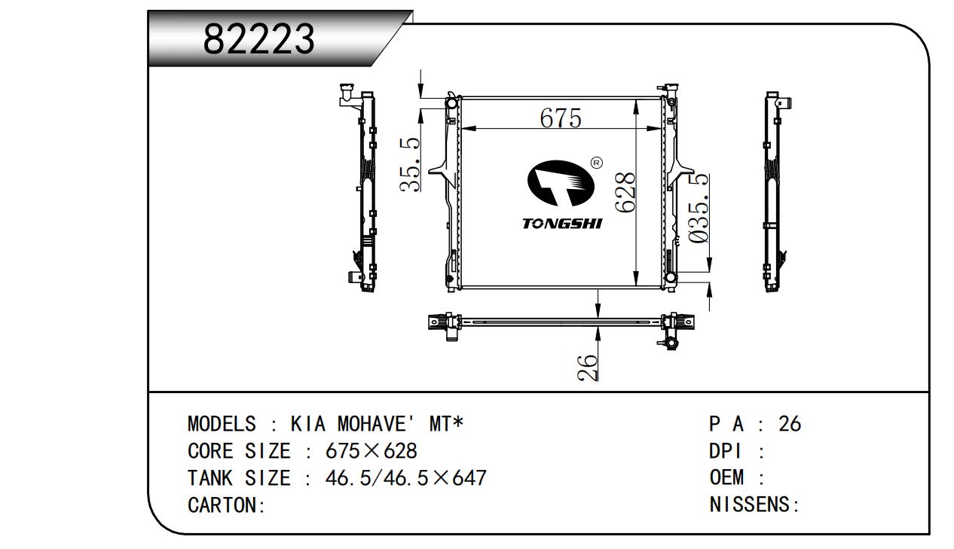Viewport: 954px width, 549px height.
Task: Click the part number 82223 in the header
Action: pyautogui.click(x=259, y=38)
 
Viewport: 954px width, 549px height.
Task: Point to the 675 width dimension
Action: pyautogui.click(x=561, y=118)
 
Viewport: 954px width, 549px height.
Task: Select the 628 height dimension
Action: pyautogui.click(x=625, y=192)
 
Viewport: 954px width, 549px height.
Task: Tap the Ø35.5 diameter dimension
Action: pyautogui.click(x=699, y=208)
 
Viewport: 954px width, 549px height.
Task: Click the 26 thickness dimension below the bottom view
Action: pyautogui.click(x=587, y=368)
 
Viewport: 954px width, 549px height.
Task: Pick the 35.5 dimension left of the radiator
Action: pyautogui.click(x=410, y=165)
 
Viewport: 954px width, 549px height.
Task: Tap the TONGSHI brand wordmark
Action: pyautogui.click(x=563, y=224)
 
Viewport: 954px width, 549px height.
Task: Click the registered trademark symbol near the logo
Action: pyautogui.click(x=597, y=163)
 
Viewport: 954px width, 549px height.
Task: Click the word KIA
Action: pyautogui.click(x=308, y=424)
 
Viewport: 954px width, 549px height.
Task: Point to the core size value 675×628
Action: pyautogui.click(x=371, y=450)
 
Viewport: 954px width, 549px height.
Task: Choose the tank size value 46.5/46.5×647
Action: pyautogui.click(x=406, y=478)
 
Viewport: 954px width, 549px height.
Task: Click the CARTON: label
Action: pyautogui.click(x=227, y=505)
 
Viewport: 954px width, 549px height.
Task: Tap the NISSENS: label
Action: pyautogui.click(x=754, y=505)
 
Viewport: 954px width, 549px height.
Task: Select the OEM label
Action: pyautogui.click(x=726, y=477)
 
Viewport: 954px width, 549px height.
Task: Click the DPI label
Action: pyautogui.click(x=725, y=450)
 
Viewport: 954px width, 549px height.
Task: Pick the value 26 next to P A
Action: pyautogui.click(x=790, y=424)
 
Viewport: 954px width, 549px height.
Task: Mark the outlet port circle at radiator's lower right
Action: pyautogui.click(x=671, y=278)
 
